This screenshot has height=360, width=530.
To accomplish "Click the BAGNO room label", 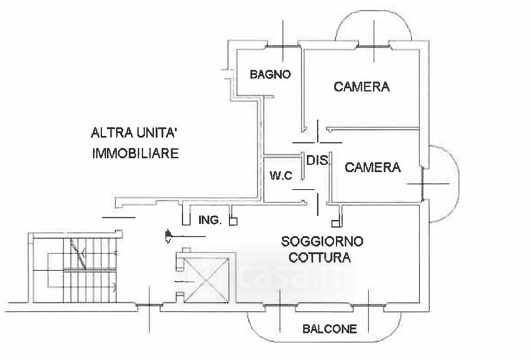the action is tap(270, 74).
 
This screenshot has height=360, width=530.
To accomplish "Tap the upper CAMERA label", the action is tap(362, 87).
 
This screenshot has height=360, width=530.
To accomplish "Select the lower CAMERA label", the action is tap(372, 167).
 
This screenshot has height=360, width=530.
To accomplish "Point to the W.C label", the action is tap(281, 176).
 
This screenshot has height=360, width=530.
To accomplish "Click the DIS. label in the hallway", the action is tap(317, 160).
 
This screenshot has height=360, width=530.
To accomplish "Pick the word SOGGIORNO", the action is tap(322, 241).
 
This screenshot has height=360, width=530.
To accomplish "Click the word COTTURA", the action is tap(319, 257).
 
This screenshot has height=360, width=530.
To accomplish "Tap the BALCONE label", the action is tap(329, 329).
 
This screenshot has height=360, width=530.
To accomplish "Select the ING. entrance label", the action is tap(210, 220).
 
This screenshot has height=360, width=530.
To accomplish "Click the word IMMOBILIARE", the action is tap(136, 153).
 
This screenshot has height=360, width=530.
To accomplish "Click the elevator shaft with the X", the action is tap(206, 280).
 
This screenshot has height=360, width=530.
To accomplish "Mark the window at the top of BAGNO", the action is tap(283, 46).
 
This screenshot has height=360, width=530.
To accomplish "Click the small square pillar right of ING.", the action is tap(233, 221).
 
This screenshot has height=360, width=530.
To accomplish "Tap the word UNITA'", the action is tap(156, 133).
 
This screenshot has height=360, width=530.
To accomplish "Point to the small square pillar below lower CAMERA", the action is tap(335, 223).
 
